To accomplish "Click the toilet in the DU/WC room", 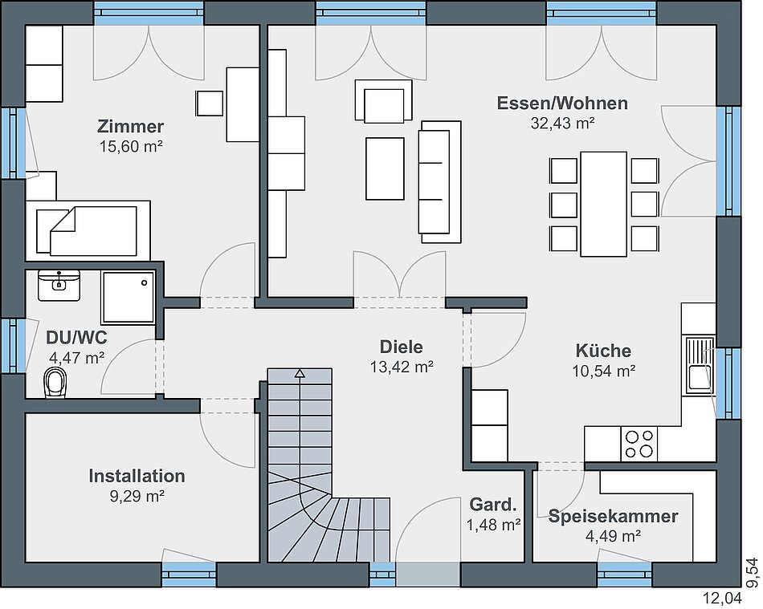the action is (x=55, y=383).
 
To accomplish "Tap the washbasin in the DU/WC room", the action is (x=59, y=286).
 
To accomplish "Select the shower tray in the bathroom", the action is (x=128, y=297).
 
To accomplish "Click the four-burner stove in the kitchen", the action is (x=639, y=444).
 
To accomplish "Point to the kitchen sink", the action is (x=700, y=365).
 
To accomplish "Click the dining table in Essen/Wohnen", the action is (x=603, y=204).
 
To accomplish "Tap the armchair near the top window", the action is (x=384, y=100).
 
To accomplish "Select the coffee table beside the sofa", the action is (x=385, y=168).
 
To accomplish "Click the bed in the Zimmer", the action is (x=88, y=230).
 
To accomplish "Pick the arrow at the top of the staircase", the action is (x=300, y=373).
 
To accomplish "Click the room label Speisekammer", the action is (x=613, y=516).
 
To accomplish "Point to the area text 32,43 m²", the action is (x=562, y=124).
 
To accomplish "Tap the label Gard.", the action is (x=492, y=505).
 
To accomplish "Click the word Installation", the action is (x=137, y=476).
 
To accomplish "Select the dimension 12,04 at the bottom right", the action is (x=723, y=598).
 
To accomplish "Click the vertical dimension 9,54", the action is (x=753, y=572).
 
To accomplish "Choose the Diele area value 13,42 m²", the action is (x=402, y=367).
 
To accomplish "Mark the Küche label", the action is (x=603, y=351).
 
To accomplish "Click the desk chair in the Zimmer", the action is (x=210, y=103).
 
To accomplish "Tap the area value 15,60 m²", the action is (x=131, y=146).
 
